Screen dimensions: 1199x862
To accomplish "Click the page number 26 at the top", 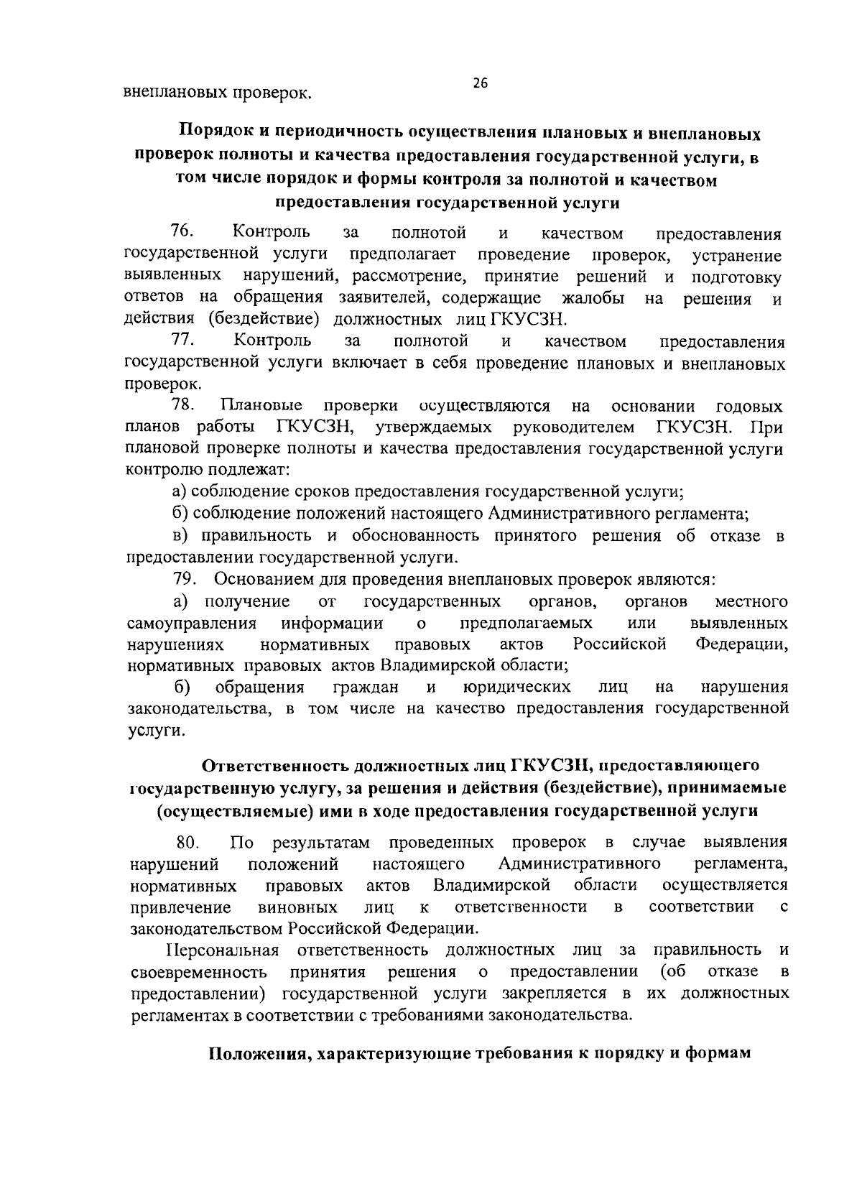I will click(x=481, y=83).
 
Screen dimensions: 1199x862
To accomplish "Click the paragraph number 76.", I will click(x=180, y=231).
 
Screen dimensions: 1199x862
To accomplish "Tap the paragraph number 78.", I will click(x=184, y=405).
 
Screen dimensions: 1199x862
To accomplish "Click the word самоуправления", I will click(x=193, y=622).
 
